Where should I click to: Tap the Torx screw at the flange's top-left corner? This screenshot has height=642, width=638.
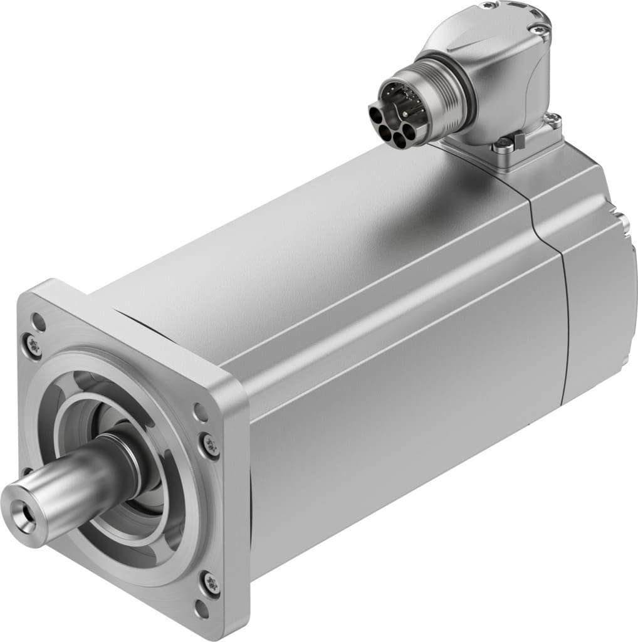coord(33,345)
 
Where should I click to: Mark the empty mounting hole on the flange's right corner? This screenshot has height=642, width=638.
coord(200,413)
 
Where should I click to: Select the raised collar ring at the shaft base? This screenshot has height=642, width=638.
coord(125,455)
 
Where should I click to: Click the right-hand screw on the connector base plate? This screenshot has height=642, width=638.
coord(554,119)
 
